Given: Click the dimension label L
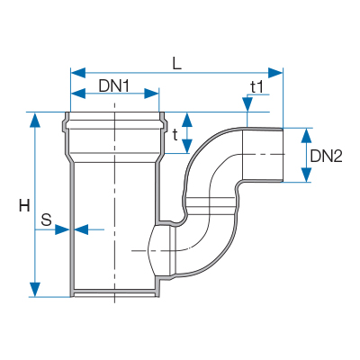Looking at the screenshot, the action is click(x=177, y=63).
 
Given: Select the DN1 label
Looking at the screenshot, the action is click(x=114, y=87).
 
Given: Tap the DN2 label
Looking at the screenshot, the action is click(x=327, y=157).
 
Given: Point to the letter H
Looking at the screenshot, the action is click(x=24, y=206).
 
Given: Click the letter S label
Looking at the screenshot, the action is click(x=46, y=220).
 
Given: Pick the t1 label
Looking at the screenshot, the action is click(x=257, y=87).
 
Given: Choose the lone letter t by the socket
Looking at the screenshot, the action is click(x=175, y=135).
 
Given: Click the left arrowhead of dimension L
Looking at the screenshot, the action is click(x=78, y=73).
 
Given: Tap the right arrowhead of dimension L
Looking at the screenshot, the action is click(x=275, y=73).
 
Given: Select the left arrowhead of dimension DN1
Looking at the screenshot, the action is click(x=78, y=94).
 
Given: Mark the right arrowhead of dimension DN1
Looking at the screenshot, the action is click(x=151, y=94).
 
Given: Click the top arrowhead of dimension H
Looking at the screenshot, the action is click(x=35, y=120).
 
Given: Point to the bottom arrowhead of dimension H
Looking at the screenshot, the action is click(x=35, y=290).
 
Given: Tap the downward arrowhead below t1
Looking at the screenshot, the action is click(x=247, y=104).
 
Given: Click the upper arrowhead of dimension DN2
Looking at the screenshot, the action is click(x=306, y=135).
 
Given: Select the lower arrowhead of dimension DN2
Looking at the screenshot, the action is click(x=306, y=175).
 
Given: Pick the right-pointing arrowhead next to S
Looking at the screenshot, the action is click(x=62, y=229).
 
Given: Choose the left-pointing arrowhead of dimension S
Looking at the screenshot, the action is click(x=81, y=229).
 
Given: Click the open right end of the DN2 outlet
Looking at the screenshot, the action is click(x=283, y=155).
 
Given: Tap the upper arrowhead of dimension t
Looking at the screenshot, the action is click(x=187, y=120).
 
